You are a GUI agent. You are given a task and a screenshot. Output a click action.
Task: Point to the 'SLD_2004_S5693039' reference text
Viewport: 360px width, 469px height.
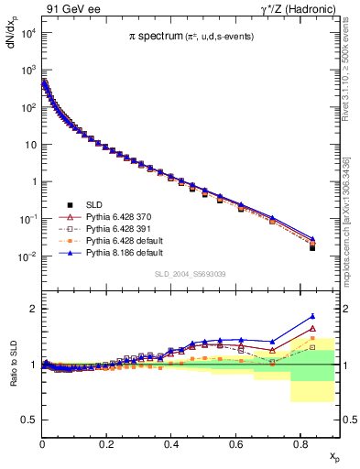pyautogui.click(x=190, y=274)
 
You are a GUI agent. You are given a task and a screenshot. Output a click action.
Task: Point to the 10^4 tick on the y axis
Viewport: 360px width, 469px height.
pyautogui.click(x=27, y=33)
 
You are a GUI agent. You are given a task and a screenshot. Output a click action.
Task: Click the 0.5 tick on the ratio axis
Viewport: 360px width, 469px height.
pyautogui.click(x=29, y=420)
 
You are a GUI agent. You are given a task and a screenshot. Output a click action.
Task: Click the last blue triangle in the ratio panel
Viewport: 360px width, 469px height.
pyautogui.click(x=312, y=316)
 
